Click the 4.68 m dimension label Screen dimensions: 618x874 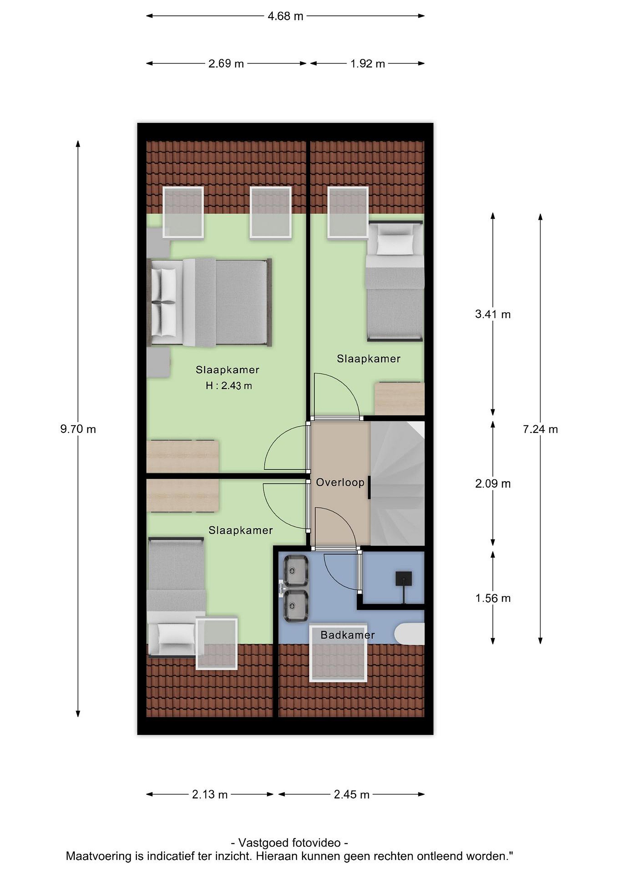(285, 16)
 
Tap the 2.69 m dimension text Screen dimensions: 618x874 (226, 63)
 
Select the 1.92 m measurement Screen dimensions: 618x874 (368, 63)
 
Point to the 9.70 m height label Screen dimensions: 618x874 (78, 429)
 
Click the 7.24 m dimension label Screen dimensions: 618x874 (540, 429)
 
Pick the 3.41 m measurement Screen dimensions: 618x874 (493, 314)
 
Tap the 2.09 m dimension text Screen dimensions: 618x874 (493, 483)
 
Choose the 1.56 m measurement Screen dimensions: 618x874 (493, 598)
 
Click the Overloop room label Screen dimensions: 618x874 (340, 483)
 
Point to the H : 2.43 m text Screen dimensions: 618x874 (229, 386)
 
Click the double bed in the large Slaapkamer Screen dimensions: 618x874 (210, 303)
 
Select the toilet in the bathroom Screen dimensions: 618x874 (409, 634)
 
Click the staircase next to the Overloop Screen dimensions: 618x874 (397, 483)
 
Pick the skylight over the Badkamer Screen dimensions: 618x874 (338, 653)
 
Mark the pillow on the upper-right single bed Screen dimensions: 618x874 (395, 244)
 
